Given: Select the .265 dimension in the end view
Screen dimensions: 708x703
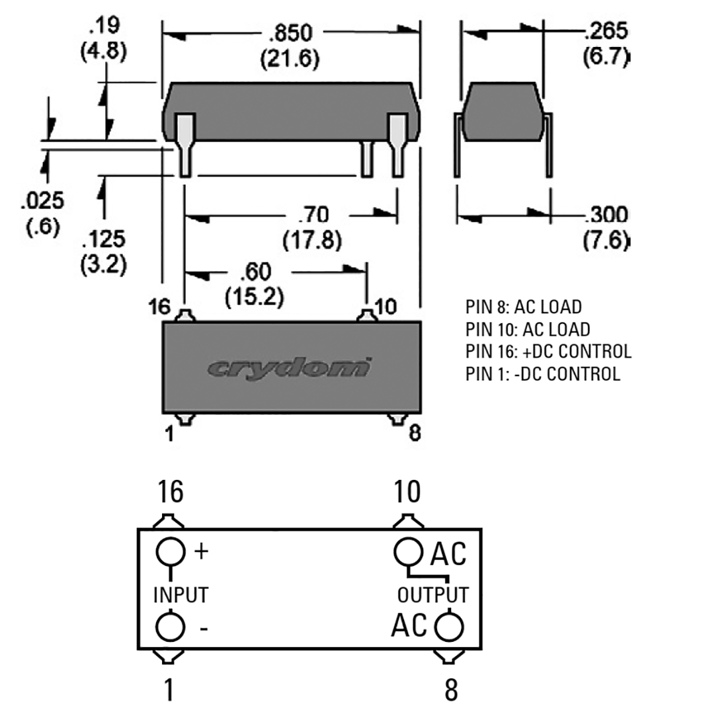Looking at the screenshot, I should (x=605, y=31).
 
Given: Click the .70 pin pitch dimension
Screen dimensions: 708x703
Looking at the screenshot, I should (x=313, y=215).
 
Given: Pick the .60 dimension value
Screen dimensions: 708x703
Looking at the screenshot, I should (x=255, y=272).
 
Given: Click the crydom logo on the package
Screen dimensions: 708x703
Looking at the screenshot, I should (x=289, y=368).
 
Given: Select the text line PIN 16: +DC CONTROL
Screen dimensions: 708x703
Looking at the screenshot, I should (x=548, y=351).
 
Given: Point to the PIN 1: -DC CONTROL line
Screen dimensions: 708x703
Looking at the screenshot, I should (x=543, y=374).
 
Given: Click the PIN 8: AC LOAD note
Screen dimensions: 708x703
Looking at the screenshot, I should (x=523, y=307).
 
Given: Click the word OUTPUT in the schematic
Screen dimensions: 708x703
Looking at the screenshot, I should (x=433, y=594).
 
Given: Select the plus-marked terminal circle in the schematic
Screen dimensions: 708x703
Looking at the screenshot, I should (x=170, y=551).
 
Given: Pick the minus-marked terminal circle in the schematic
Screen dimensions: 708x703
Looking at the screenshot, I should (x=170, y=627).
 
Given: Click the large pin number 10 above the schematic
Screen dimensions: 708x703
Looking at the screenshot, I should (x=407, y=492).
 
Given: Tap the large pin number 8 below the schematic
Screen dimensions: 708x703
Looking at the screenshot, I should (x=450, y=689).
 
